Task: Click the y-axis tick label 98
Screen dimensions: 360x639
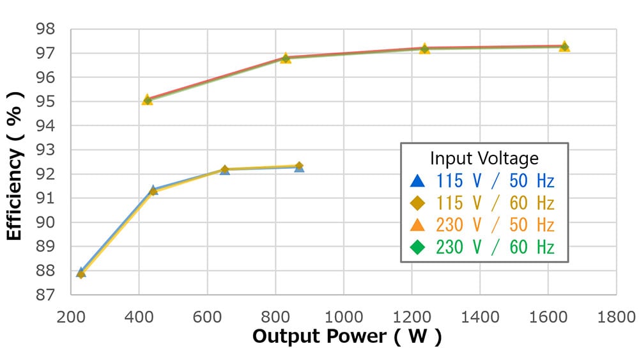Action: (47, 29)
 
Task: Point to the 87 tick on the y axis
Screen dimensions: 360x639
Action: (47, 295)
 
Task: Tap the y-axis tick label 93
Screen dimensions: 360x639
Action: (47, 150)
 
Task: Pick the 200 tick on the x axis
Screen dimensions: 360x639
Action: (71, 315)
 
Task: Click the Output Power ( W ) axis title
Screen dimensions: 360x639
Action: (346, 336)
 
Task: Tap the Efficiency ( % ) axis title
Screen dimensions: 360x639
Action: (15, 165)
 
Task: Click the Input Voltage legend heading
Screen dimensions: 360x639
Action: (484, 158)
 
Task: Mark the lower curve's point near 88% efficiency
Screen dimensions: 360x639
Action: (81, 273)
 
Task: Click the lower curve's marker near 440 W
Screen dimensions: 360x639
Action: (153, 191)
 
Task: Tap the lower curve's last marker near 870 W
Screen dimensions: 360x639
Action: (298, 167)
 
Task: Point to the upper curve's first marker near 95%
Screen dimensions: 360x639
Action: (148, 100)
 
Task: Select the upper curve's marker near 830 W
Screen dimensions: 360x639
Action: (286, 58)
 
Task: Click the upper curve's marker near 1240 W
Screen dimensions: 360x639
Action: (424, 49)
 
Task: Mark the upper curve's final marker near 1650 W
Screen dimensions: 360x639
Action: (564, 47)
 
